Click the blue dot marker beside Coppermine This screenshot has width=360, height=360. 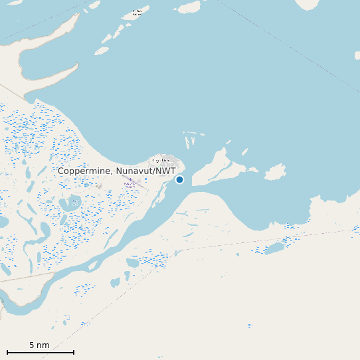[179, 179]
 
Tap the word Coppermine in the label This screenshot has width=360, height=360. [84, 171]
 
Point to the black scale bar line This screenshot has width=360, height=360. [40, 352]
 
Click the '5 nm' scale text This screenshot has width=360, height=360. [39, 345]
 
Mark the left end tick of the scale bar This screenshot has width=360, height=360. [7, 352]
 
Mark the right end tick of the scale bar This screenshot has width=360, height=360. [74, 352]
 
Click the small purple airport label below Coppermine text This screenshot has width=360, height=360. [130, 184]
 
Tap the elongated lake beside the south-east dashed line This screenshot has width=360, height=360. [274, 248]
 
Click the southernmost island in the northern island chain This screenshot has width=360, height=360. [102, 50]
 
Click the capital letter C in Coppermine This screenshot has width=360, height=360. [61, 171]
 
